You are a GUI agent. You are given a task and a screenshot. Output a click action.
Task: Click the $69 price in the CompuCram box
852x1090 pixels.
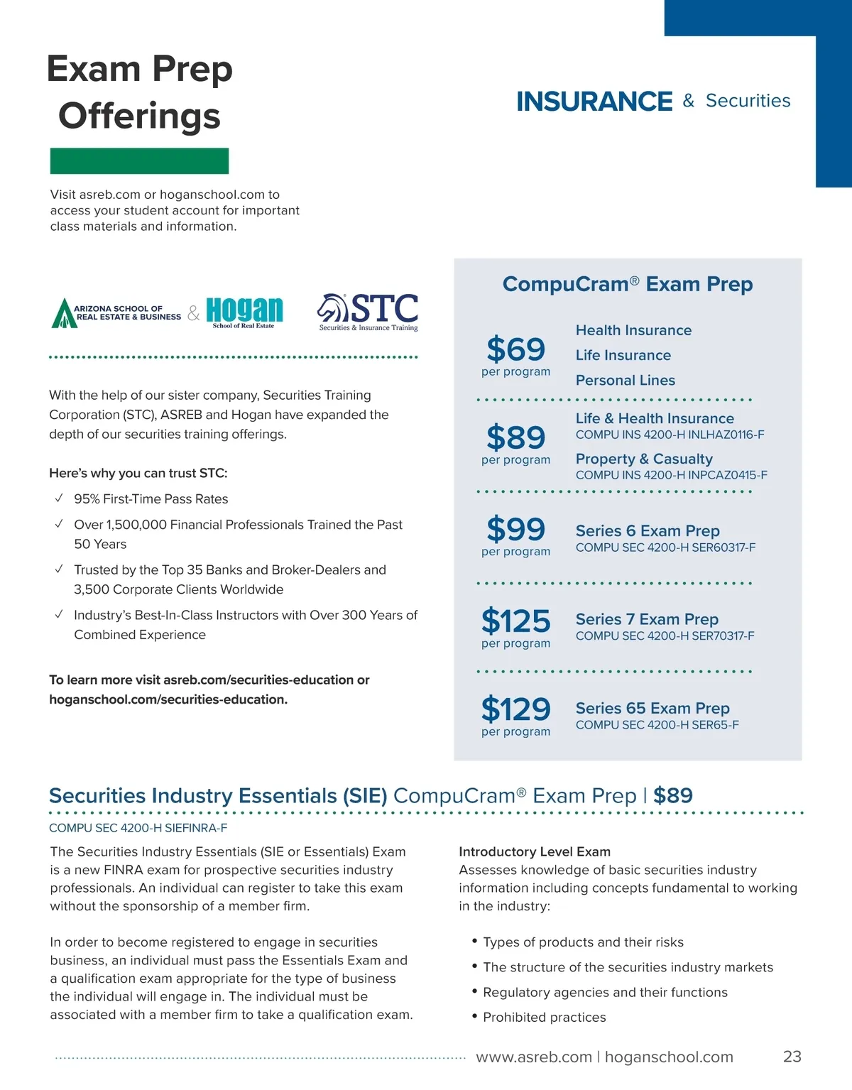point(515,349)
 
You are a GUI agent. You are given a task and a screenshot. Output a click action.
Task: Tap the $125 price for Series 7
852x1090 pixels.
point(515,621)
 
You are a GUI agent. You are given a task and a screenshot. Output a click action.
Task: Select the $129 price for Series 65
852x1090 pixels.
point(515,709)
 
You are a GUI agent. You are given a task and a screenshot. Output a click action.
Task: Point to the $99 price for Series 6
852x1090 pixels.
point(515,530)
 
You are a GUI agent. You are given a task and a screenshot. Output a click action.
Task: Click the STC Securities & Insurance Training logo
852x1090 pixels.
point(368,312)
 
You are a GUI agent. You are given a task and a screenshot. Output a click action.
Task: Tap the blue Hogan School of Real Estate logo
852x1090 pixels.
point(244,312)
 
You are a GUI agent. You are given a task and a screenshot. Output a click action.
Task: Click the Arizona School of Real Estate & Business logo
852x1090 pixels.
point(116,312)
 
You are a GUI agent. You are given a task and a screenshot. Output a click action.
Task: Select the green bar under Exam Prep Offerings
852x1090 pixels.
point(139,161)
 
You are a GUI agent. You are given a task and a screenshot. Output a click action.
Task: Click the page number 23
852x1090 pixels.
point(792,1057)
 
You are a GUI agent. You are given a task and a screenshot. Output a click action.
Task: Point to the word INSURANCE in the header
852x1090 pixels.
point(594,102)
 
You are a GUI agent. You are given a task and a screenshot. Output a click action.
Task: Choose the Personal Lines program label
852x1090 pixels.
point(625,381)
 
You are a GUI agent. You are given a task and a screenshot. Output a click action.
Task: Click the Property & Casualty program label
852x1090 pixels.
point(643,459)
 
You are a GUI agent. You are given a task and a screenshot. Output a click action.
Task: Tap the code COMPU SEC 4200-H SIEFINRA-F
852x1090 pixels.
point(138,828)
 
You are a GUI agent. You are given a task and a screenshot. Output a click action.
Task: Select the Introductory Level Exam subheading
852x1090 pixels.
point(534,851)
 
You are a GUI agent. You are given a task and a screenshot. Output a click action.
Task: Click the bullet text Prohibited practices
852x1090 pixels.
point(544,1018)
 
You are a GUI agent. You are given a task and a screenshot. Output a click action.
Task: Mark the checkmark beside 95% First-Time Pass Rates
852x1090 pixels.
point(59,498)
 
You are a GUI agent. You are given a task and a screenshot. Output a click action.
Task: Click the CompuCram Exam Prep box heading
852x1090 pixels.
point(627,285)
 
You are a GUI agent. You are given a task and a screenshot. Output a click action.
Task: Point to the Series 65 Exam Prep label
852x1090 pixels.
point(652,709)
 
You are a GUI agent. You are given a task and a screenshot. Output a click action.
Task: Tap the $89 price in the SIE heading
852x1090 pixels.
point(672,796)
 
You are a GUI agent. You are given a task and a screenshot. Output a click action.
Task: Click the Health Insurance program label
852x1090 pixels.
point(633,331)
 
